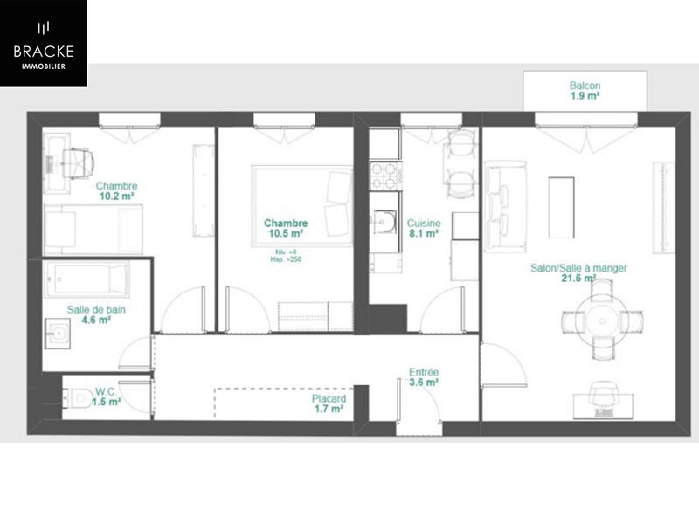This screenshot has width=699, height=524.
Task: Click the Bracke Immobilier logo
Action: coord(43,43)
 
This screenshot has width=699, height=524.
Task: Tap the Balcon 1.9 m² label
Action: coord(585,91)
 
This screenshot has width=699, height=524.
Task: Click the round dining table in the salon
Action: coord(603,321)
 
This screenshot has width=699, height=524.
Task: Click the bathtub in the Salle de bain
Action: coord(87,279)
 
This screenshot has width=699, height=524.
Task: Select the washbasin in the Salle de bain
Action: coord(59,332)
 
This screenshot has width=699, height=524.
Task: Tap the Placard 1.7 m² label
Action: coord(328,403)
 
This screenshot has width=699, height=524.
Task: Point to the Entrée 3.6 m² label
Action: coord(424,376)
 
